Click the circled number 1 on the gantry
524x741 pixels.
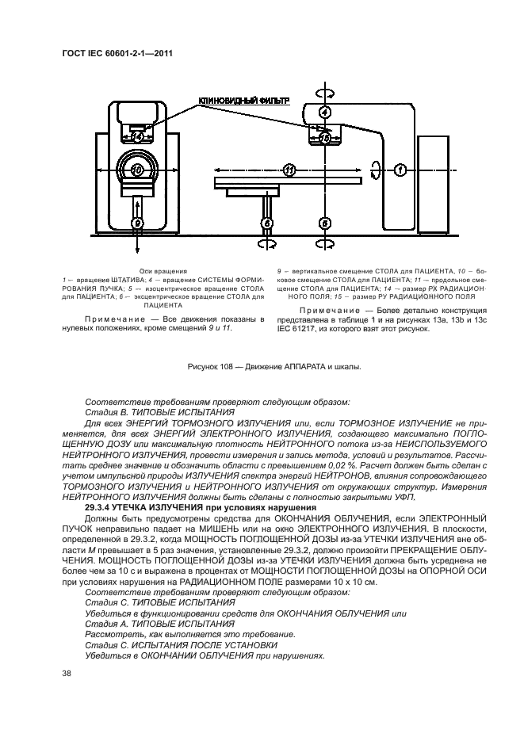pos(400,170)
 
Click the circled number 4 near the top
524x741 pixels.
pos(323,113)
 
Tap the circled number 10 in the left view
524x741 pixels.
pos(137,170)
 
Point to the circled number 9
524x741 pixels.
pos(137,224)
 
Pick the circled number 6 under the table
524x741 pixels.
pos(268,224)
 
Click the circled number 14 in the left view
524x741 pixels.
pos(137,136)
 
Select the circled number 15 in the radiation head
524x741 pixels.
pos(323,138)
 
